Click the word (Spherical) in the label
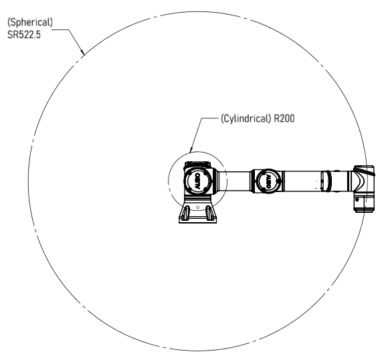[30, 22]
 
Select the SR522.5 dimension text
[24, 35]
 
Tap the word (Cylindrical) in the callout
[246, 118]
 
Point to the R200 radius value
[284, 118]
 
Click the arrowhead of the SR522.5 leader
[83, 52]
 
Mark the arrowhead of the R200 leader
[191, 150]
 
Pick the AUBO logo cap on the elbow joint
[268, 181]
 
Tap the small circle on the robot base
[198, 207]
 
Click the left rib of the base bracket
[185, 213]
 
